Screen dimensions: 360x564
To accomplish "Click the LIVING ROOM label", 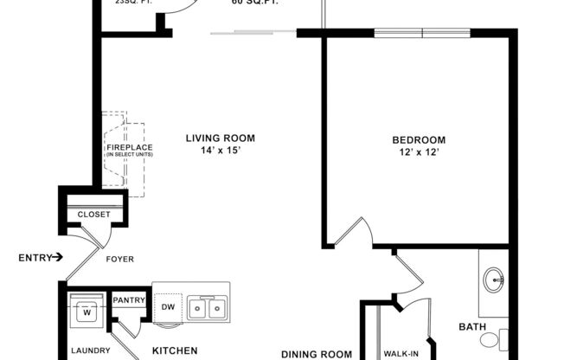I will pyautogui.click(x=221, y=138).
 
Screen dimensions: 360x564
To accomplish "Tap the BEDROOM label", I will pyautogui.click(x=419, y=140).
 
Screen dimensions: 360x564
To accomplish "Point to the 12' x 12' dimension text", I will pyautogui.click(x=419, y=153).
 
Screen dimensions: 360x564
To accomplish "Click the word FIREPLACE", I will pyautogui.click(x=130, y=147).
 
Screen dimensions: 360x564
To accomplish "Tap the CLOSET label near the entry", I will pyautogui.click(x=94, y=215).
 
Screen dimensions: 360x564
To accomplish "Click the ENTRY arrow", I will pyautogui.click(x=57, y=257).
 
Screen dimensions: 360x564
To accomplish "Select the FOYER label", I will pyautogui.click(x=119, y=257).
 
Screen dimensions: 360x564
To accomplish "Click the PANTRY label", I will pyautogui.click(x=128, y=300).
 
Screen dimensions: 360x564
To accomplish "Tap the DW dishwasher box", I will pyautogui.click(x=169, y=307).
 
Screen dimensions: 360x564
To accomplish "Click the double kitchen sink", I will pyautogui.click(x=208, y=307).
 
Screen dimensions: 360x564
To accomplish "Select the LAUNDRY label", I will pyautogui.click(x=90, y=350).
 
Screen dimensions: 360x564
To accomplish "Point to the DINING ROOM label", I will pyautogui.click(x=317, y=353).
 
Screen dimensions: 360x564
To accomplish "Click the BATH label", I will pyautogui.click(x=471, y=326).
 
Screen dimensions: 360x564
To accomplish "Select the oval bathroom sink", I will pyautogui.click(x=495, y=279).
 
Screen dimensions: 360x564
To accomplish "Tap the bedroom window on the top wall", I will pyautogui.click(x=422, y=33).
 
